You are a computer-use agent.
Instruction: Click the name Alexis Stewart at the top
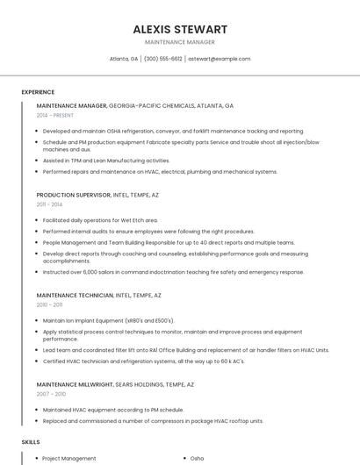coord(180,29)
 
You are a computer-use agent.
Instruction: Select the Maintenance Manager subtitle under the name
coord(180,42)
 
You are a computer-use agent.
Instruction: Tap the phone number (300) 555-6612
coord(163,59)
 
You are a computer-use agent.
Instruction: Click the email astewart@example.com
coord(220,59)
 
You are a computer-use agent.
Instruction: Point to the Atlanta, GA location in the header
coord(124,59)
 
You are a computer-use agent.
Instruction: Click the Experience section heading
coord(38,92)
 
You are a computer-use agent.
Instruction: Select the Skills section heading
coord(31,442)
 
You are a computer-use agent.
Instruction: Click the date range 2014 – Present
coord(55,116)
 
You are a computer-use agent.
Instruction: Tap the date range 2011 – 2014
coord(50,204)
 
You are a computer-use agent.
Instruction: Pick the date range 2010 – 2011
coord(50,305)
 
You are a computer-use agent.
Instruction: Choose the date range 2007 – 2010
coord(50,394)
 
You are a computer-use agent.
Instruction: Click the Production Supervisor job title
coord(74,195)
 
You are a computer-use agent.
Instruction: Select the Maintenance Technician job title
coord(75,296)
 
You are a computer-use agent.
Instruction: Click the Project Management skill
coord(69,458)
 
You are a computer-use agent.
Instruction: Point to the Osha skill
coord(197,458)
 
